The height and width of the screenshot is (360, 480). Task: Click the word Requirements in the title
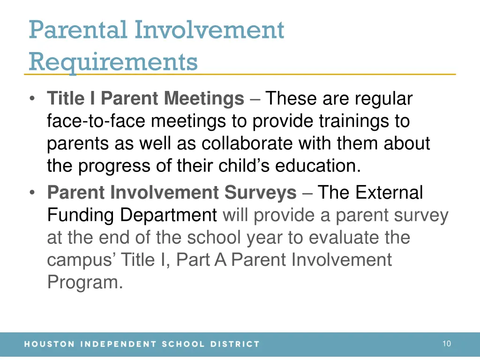coord(113,61)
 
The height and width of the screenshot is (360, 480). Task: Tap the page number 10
coord(446,344)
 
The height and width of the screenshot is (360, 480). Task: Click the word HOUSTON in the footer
coord(49,344)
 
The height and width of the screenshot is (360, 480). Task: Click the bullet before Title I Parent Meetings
coord(32,99)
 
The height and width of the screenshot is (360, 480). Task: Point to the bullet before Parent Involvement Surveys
coord(32,193)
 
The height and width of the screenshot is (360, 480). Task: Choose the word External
coord(389,192)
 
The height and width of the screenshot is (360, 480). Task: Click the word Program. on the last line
coord(85,282)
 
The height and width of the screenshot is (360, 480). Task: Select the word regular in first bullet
coord(383,98)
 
